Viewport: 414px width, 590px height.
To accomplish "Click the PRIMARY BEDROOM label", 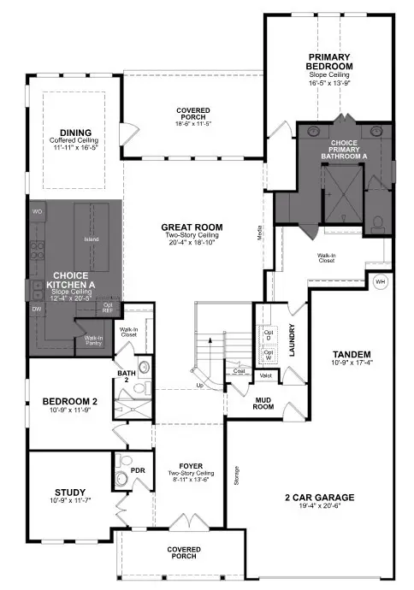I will tap(330, 62).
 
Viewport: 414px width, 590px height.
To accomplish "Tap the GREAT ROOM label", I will tap(192, 228).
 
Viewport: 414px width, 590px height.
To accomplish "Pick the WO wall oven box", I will tap(37, 211).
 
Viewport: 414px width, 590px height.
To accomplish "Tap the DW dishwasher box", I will tap(37, 309).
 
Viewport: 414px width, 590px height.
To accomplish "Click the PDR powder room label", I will tap(125, 469).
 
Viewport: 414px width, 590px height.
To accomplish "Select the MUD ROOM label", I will tap(264, 403).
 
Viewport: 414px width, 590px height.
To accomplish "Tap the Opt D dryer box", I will tap(268, 334).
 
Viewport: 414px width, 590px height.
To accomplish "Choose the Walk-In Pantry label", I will tap(93, 339).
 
